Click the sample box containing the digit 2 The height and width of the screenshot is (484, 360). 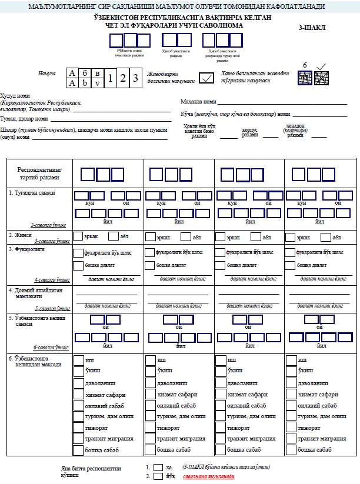[123, 78]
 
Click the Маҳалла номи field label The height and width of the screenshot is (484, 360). [198, 102]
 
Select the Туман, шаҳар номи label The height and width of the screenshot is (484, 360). [24, 118]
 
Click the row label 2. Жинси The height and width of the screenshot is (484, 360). [19, 234]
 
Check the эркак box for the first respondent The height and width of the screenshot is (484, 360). [78, 237]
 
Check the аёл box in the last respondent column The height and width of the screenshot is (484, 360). [325, 237]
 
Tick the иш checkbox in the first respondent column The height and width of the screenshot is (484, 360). [78, 360]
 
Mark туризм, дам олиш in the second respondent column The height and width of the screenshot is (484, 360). [149, 416]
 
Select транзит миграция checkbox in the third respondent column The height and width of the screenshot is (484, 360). [220, 439]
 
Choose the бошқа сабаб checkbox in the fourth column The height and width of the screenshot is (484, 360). [291, 450]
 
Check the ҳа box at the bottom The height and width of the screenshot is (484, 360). [158, 468]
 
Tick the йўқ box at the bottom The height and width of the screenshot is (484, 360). [158, 478]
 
